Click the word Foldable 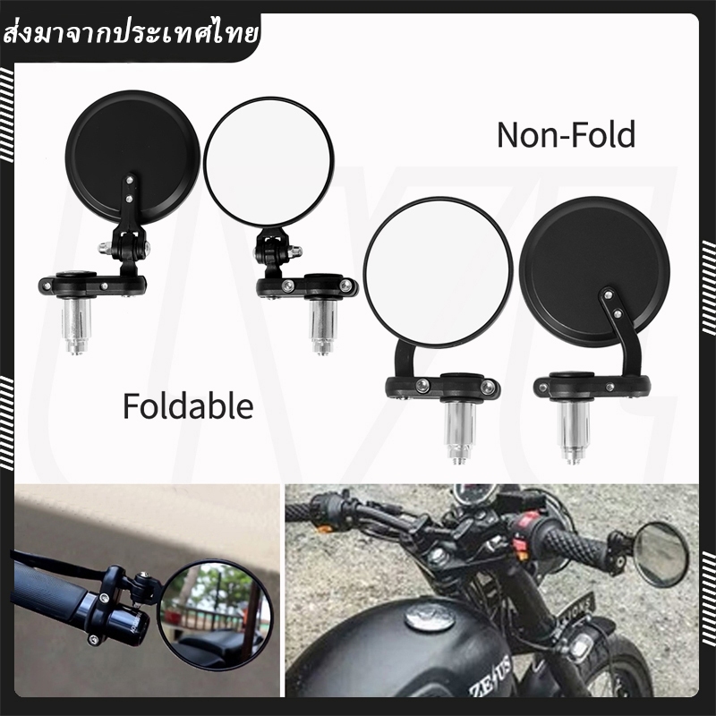point(188,406)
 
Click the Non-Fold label point(566,135)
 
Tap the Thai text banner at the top point(130,35)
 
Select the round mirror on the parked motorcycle point(661,555)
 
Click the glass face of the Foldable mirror point(268,162)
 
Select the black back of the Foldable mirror point(132,158)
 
